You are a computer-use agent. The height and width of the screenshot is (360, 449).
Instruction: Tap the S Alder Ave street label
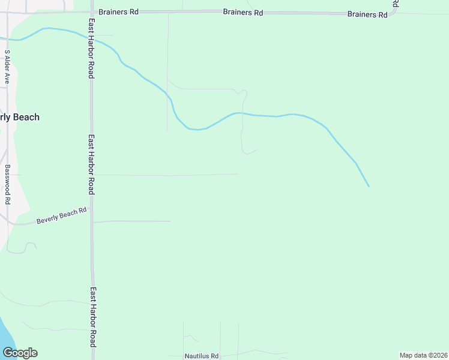pos(7,66)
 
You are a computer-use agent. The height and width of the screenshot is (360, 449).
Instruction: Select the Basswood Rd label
pos(7,184)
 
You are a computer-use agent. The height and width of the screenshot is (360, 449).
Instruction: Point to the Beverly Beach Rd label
pos(61,215)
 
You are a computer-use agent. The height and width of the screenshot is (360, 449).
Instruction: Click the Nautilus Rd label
pos(202,356)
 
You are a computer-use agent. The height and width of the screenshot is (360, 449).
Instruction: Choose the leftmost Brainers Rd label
pos(119,11)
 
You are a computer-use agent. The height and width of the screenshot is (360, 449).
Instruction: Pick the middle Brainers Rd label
pos(243,12)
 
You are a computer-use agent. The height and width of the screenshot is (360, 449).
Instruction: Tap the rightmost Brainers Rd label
pos(367,14)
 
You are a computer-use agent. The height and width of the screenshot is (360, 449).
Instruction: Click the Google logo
pos(20,353)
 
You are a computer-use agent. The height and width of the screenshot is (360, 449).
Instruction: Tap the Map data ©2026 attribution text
pos(423,355)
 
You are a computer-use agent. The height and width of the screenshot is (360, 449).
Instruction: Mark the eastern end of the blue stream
pos(369,186)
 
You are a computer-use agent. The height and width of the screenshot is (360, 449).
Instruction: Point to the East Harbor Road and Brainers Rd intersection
pos(92,11)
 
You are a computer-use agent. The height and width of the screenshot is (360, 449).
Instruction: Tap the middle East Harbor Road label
pos(91,164)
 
